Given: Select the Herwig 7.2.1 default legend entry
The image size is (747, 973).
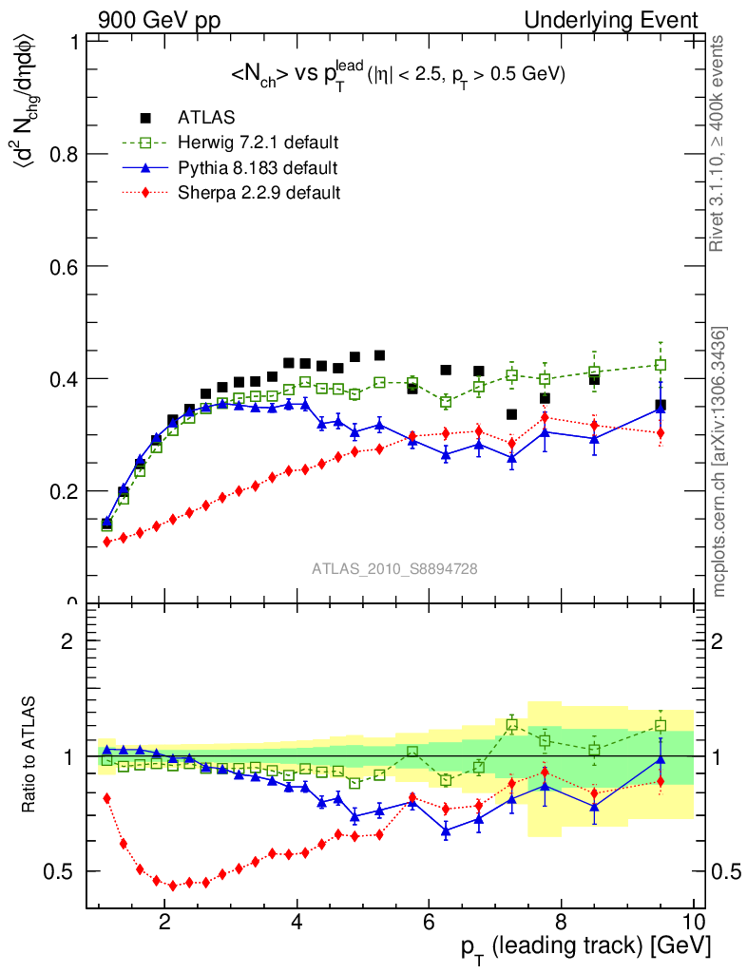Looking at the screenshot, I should (258, 143).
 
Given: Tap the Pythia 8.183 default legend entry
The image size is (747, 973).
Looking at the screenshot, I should (257, 168).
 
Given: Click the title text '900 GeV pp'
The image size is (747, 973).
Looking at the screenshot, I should (153, 20).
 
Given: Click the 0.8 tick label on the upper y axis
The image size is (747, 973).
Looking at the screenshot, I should (63, 154).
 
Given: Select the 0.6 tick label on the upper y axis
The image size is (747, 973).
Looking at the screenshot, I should (63, 266).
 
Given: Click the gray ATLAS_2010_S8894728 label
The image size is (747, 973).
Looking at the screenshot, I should (394, 569).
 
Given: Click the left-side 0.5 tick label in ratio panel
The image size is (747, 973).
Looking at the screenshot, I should (63, 871).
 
